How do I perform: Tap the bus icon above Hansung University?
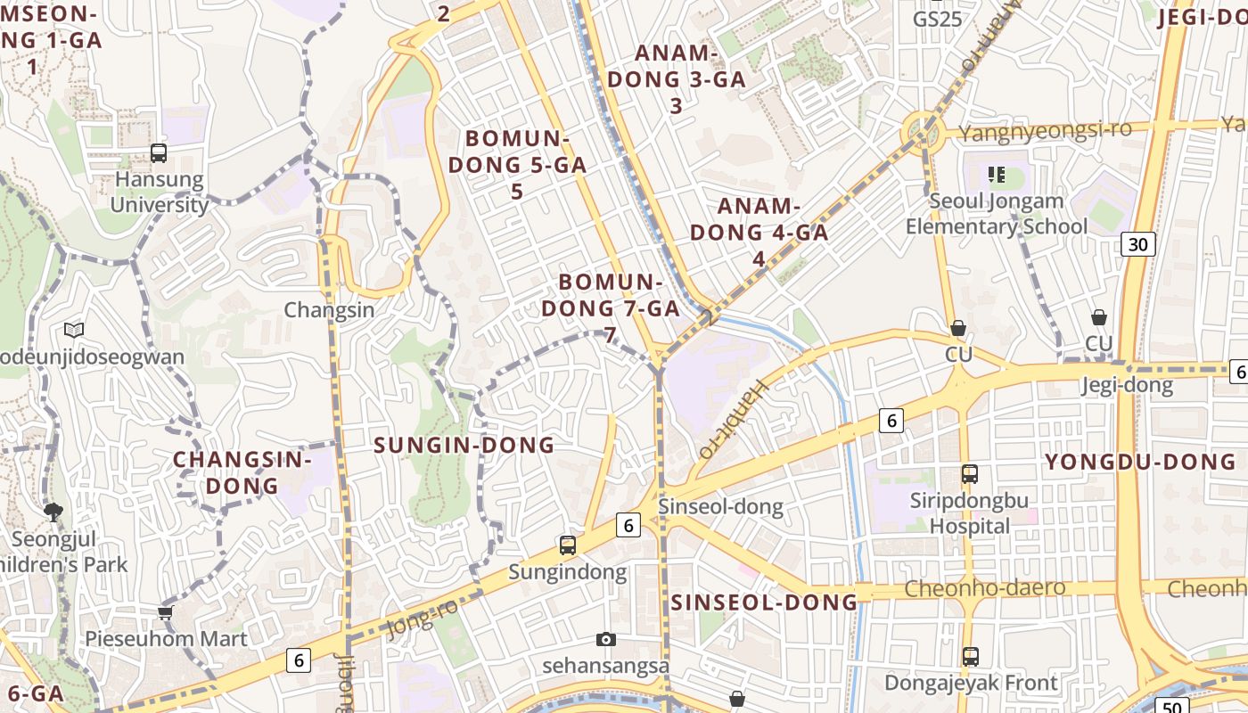[159, 153]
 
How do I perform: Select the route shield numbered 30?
[1138, 244]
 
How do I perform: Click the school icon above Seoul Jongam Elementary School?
[997, 175]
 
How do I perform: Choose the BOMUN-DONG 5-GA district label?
[517, 165]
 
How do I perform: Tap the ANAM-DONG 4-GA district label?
[759, 232]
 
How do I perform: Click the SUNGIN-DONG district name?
[464, 445]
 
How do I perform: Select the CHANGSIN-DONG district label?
[242, 472]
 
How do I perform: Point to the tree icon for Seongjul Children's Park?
[53, 512]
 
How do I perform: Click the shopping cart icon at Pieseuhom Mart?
[165, 612]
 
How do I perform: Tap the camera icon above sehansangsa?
[606, 639]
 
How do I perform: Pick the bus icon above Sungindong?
[567, 545]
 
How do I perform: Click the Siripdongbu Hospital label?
[969, 513]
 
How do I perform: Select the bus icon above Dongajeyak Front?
[970, 657]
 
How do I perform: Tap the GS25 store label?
[938, 18]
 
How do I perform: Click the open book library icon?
[74, 331]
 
